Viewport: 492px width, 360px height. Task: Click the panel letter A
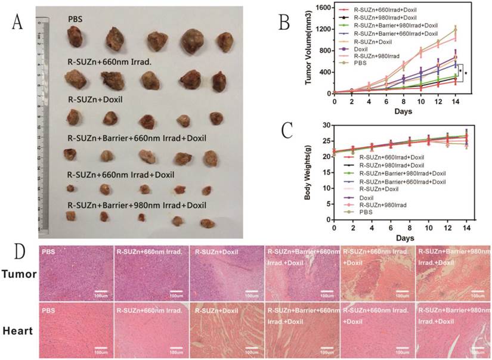(17, 24)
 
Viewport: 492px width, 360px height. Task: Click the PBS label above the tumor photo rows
(75, 19)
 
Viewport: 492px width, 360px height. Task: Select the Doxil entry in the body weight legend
(367, 196)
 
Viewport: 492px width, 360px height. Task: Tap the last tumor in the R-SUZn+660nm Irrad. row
(219, 81)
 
